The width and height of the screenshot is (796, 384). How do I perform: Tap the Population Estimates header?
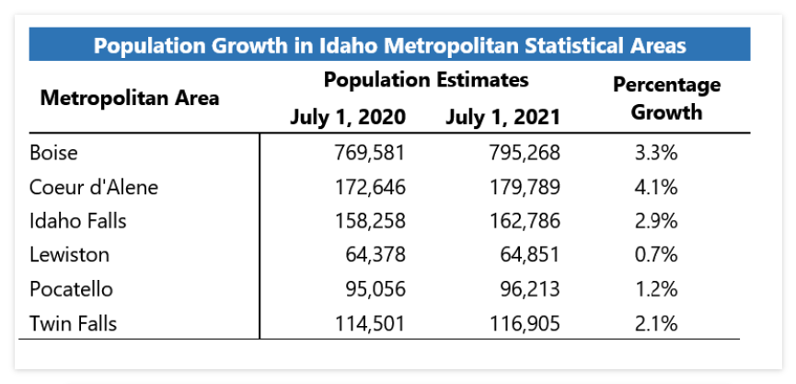tap(425, 80)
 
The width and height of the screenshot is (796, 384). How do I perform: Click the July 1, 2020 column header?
tap(348, 117)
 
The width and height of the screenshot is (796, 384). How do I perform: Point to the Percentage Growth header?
tap(666, 99)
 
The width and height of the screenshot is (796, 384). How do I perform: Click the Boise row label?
tap(53, 152)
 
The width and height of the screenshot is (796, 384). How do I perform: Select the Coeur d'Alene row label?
tap(94, 187)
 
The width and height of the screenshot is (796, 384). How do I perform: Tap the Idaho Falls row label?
tap(78, 221)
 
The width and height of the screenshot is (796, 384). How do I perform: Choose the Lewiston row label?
tap(69, 255)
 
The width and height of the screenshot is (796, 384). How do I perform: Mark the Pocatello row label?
tap(72, 289)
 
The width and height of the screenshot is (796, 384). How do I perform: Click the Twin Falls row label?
tap(74, 323)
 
